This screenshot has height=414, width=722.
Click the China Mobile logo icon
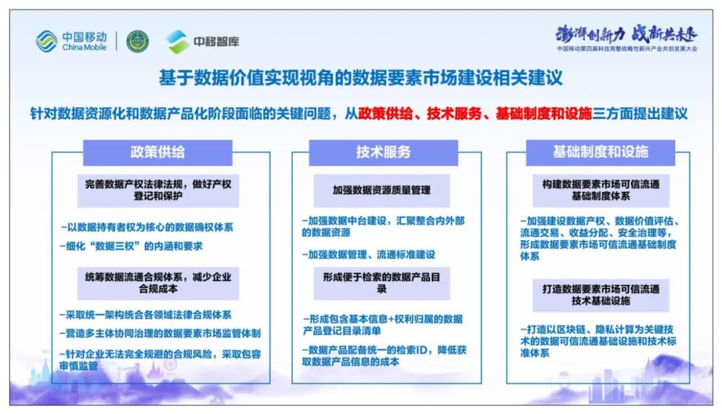(46, 41)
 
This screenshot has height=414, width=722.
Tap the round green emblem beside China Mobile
(138, 41)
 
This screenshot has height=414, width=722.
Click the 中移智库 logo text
(216, 41)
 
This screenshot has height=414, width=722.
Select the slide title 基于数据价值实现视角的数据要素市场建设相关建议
(360, 78)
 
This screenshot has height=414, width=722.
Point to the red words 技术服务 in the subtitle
(455, 113)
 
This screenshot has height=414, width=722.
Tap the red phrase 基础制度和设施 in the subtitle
(544, 113)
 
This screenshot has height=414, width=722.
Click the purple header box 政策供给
(158, 152)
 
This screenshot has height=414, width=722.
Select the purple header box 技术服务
(383, 152)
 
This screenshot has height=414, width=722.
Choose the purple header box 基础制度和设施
(600, 152)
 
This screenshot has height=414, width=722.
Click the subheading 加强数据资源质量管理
(382, 190)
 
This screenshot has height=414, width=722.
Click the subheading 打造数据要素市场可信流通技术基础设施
(600, 295)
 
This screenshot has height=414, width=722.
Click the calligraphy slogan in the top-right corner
(626, 33)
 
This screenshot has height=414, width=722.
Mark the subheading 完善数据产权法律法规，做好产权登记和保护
(158, 190)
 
